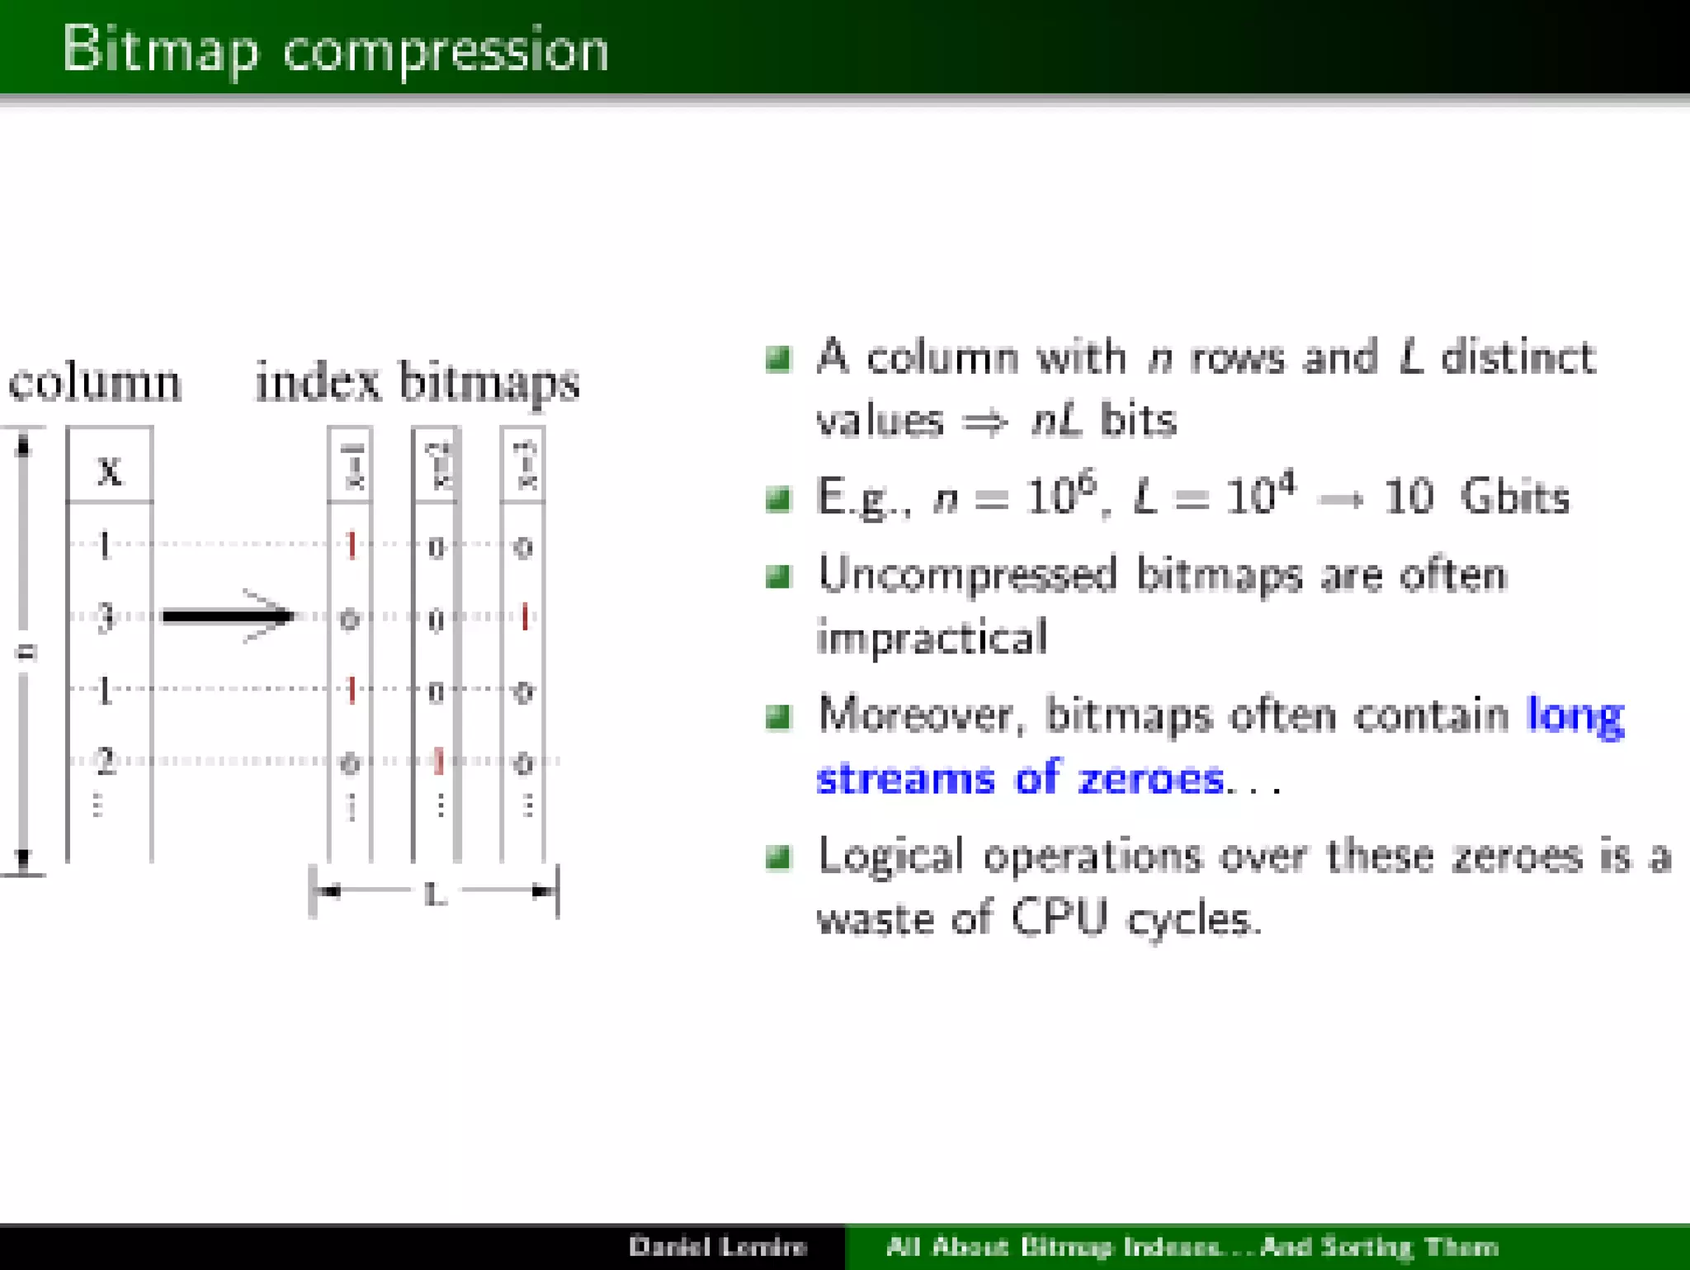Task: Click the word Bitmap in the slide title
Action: click(159, 50)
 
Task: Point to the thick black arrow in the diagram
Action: click(227, 616)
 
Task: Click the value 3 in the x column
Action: click(105, 616)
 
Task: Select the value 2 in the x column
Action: click(105, 761)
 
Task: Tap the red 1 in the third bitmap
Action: click(524, 616)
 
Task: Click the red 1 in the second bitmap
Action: click(438, 761)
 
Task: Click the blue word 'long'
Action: click(1574, 715)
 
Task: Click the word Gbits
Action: click(1514, 497)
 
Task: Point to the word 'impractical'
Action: click(932, 637)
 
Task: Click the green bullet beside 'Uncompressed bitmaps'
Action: click(778, 575)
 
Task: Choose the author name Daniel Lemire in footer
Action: click(717, 1245)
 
